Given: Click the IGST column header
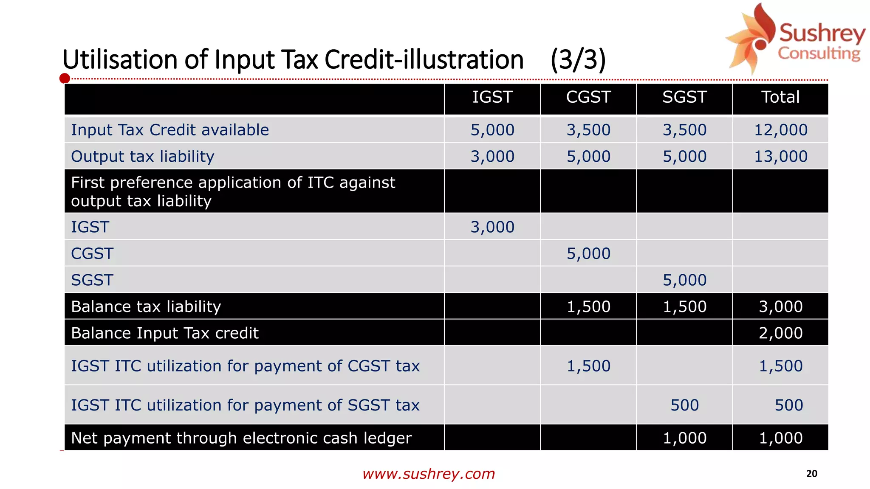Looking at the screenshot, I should click(x=492, y=97).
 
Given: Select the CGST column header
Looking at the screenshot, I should click(x=588, y=97).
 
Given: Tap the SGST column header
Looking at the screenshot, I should click(x=684, y=97).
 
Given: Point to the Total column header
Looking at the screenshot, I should click(x=780, y=97).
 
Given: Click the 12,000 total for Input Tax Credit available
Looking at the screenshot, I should click(x=780, y=130).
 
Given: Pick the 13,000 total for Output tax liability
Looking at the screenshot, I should click(x=780, y=157).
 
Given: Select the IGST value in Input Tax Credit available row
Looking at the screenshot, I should click(x=492, y=130).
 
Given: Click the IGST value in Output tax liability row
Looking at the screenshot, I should click(x=492, y=157).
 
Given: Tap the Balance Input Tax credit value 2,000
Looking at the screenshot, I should click(x=780, y=333).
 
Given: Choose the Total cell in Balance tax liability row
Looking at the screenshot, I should click(x=780, y=306).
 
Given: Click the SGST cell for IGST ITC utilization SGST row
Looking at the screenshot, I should click(x=684, y=405).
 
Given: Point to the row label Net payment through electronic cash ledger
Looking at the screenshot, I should click(x=241, y=438).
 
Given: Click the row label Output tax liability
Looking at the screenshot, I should click(x=143, y=157).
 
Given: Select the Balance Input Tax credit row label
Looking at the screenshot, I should click(x=165, y=333).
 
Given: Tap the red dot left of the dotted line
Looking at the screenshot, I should click(x=65, y=79).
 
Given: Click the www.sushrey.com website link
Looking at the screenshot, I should click(x=429, y=474).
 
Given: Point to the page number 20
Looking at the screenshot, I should click(x=811, y=474).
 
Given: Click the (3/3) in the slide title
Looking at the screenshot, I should click(x=578, y=59).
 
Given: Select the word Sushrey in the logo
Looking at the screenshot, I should click(x=822, y=33).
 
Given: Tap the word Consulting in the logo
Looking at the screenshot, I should click(x=819, y=53).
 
